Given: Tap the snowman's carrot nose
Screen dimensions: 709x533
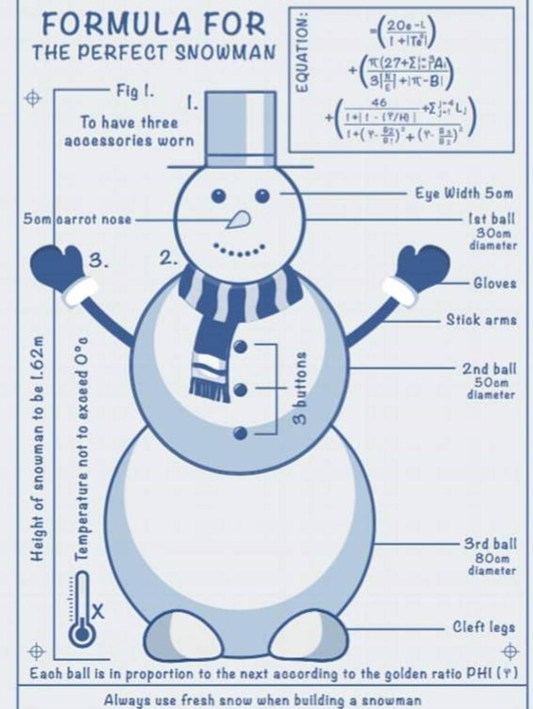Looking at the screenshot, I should (x=239, y=220).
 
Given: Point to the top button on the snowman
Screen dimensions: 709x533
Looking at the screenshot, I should (x=240, y=347).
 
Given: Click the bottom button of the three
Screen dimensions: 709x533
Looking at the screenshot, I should (x=240, y=433).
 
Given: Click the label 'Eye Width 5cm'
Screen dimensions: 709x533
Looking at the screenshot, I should (x=464, y=193).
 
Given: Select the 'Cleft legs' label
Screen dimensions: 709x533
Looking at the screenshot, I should (x=484, y=627).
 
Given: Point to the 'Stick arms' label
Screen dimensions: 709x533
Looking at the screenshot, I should (x=481, y=320).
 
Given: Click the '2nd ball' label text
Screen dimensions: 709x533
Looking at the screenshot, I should (x=489, y=369).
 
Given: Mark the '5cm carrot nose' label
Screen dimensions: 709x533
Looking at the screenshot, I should (x=77, y=219).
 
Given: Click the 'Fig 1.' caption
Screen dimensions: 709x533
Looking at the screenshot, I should (x=135, y=90).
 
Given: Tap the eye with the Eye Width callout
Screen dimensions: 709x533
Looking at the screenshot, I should (x=263, y=195).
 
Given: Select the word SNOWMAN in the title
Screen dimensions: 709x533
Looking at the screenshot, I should (x=225, y=53).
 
